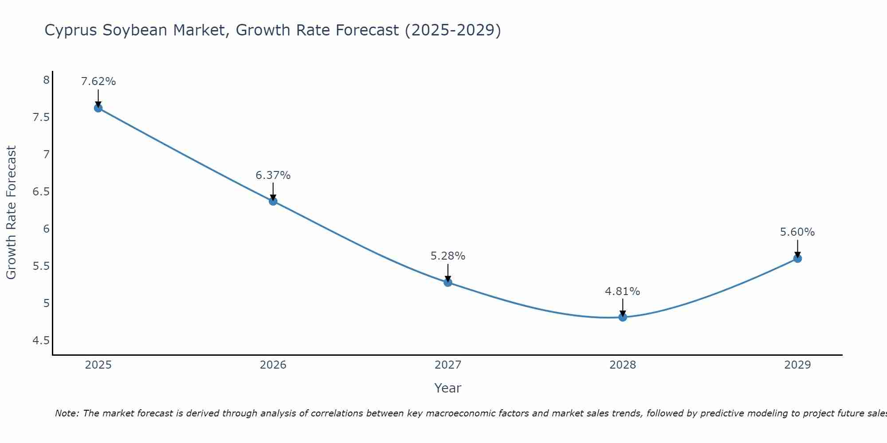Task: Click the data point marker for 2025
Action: (x=98, y=108)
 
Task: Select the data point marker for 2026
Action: (x=273, y=201)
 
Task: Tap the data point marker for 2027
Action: (x=448, y=282)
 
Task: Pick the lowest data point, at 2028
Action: (x=623, y=317)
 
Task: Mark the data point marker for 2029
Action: (x=797, y=258)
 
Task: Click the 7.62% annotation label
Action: (x=98, y=82)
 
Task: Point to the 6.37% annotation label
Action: (x=273, y=175)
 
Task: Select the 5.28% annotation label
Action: (x=448, y=256)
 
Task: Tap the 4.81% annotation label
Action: (x=623, y=291)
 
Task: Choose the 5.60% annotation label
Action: (x=797, y=232)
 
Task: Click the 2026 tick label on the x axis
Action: (x=273, y=365)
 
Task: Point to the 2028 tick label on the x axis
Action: (x=623, y=365)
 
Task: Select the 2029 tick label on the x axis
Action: (x=797, y=365)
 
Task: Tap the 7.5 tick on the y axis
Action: (x=41, y=117)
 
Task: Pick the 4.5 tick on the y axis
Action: (x=41, y=341)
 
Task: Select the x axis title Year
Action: (x=448, y=388)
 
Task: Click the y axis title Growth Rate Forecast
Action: (x=11, y=213)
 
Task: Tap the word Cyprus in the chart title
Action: (x=71, y=31)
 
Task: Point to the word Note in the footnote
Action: (x=67, y=413)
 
